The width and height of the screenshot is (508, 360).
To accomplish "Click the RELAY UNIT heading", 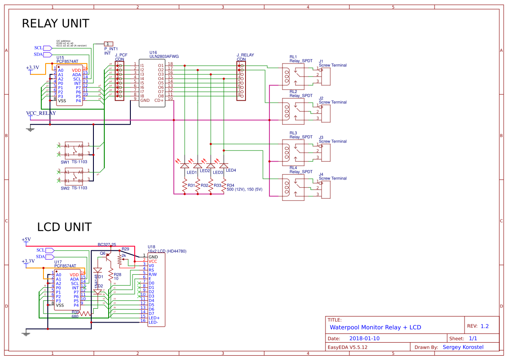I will click(x=56, y=23).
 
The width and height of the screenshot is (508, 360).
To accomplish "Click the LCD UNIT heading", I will click(x=64, y=227).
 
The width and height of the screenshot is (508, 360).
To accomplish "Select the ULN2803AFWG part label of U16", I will click(x=164, y=56).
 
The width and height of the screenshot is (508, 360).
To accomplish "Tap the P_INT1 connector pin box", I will click(x=108, y=44).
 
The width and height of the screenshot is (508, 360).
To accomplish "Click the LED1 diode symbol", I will click(x=185, y=166).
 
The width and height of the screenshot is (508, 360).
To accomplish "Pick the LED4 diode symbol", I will click(x=224, y=166).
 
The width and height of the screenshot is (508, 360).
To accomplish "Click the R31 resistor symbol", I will click(x=185, y=185).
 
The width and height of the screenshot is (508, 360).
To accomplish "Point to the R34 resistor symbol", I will click(x=224, y=185).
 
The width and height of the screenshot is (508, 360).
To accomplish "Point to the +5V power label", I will click(x=26, y=240).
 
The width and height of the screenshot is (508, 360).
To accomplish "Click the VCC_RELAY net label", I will click(x=41, y=113).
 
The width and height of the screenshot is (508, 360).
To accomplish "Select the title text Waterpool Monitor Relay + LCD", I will click(x=375, y=327).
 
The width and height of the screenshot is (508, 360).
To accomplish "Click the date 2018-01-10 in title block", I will click(x=364, y=338).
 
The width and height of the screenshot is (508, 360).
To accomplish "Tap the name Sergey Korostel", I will click(x=463, y=347).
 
